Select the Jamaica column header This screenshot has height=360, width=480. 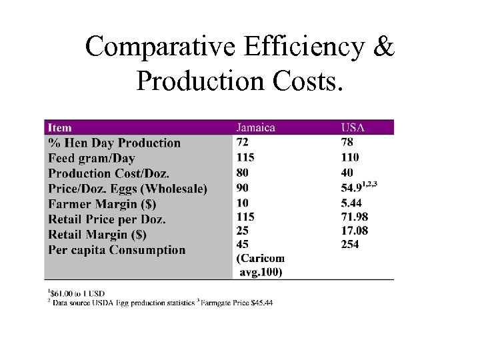point(256,127)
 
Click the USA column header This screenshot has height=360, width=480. point(354,127)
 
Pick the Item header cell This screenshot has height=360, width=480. point(60,127)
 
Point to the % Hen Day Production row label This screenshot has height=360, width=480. point(115,143)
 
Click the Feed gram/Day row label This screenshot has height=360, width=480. point(91,158)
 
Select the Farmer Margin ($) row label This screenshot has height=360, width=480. point(102,204)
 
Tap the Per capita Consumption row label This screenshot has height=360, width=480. point(117,250)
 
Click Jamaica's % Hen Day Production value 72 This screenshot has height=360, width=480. point(243,142)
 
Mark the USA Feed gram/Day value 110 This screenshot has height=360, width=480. point(350,157)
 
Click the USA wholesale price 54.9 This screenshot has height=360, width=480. point(354,189)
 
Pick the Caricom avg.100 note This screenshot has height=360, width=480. point(260,265)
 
